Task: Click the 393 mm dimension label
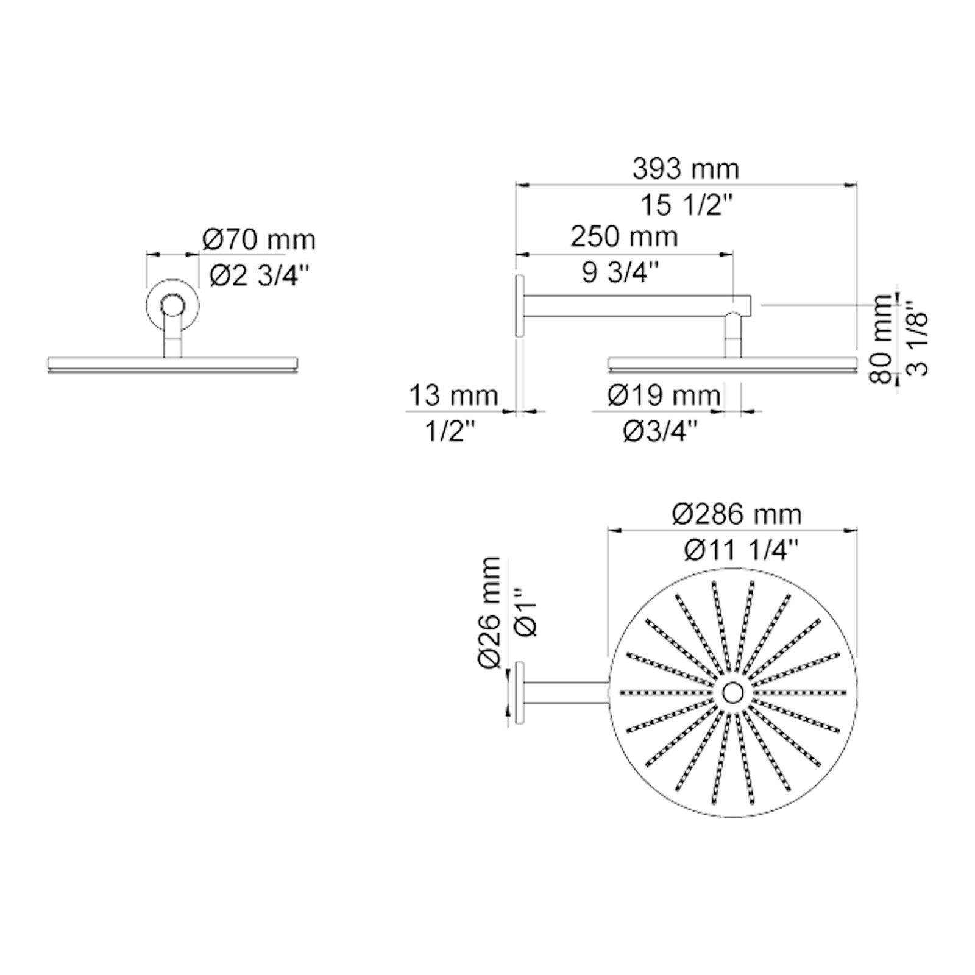686,169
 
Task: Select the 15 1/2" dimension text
685,205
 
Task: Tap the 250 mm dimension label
624,236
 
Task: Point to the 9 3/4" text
620,272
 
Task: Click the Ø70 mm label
259,240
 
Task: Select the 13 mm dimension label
453,395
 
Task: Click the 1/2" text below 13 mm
450,432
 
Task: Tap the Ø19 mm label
664,396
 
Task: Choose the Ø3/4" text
660,432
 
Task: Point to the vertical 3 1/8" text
918,339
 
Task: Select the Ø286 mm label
737,515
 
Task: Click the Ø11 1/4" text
740,551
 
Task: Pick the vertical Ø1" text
526,612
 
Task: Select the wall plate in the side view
519,305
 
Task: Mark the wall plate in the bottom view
520,693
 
